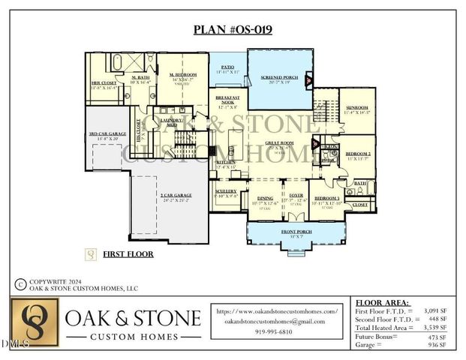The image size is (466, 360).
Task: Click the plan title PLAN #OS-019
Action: (233, 30)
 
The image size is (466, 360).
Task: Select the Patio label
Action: (227, 68)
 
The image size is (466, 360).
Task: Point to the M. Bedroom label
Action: (182, 75)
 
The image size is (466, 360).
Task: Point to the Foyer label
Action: (296, 196)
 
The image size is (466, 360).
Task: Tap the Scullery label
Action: (225, 191)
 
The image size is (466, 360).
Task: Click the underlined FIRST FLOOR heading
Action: (128, 254)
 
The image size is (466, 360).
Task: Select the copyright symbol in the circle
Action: (20, 284)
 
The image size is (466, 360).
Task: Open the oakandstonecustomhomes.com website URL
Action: (277, 310)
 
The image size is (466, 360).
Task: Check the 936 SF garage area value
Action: (437, 346)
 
